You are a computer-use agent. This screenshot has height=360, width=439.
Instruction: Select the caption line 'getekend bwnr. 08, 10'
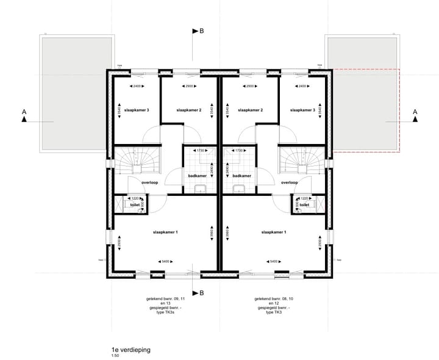click(273, 299)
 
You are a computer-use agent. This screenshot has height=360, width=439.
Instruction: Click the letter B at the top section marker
click(201, 31)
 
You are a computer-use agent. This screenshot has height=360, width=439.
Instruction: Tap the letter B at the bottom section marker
click(201, 293)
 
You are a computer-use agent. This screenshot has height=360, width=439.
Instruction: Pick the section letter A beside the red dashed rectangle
click(415, 112)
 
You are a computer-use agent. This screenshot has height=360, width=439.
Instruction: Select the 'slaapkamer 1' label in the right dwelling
click(273, 232)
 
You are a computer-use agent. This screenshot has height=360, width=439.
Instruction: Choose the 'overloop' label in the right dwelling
click(289, 182)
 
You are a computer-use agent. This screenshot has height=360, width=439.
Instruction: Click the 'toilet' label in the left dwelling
click(134, 206)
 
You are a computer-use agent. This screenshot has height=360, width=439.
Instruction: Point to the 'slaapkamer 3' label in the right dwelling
click(302, 110)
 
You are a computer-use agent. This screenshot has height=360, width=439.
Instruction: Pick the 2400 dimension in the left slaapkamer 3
click(137, 86)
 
